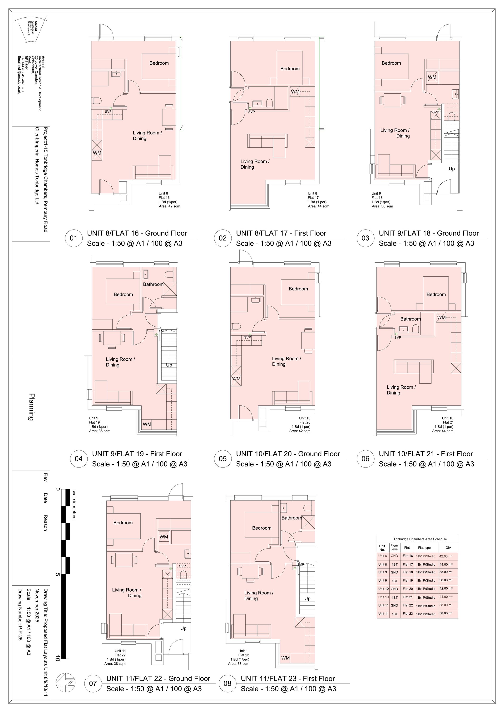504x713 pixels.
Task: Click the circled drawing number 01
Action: point(73,238)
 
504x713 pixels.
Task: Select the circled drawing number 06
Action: point(365,459)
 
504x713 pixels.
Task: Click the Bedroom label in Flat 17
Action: point(290,69)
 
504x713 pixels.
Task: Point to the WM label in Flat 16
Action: point(97,153)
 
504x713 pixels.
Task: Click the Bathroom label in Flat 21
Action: point(410,319)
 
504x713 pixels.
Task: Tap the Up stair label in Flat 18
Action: point(451,169)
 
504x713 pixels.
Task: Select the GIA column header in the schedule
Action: point(448,548)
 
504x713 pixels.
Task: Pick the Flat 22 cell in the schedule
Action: point(408,605)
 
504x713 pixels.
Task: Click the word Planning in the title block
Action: point(31,407)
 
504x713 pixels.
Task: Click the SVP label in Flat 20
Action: point(247,337)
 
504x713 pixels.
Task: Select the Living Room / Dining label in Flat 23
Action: point(259,596)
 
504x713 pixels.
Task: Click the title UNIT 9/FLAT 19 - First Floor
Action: point(137,454)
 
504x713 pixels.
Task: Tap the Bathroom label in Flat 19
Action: point(153,284)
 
